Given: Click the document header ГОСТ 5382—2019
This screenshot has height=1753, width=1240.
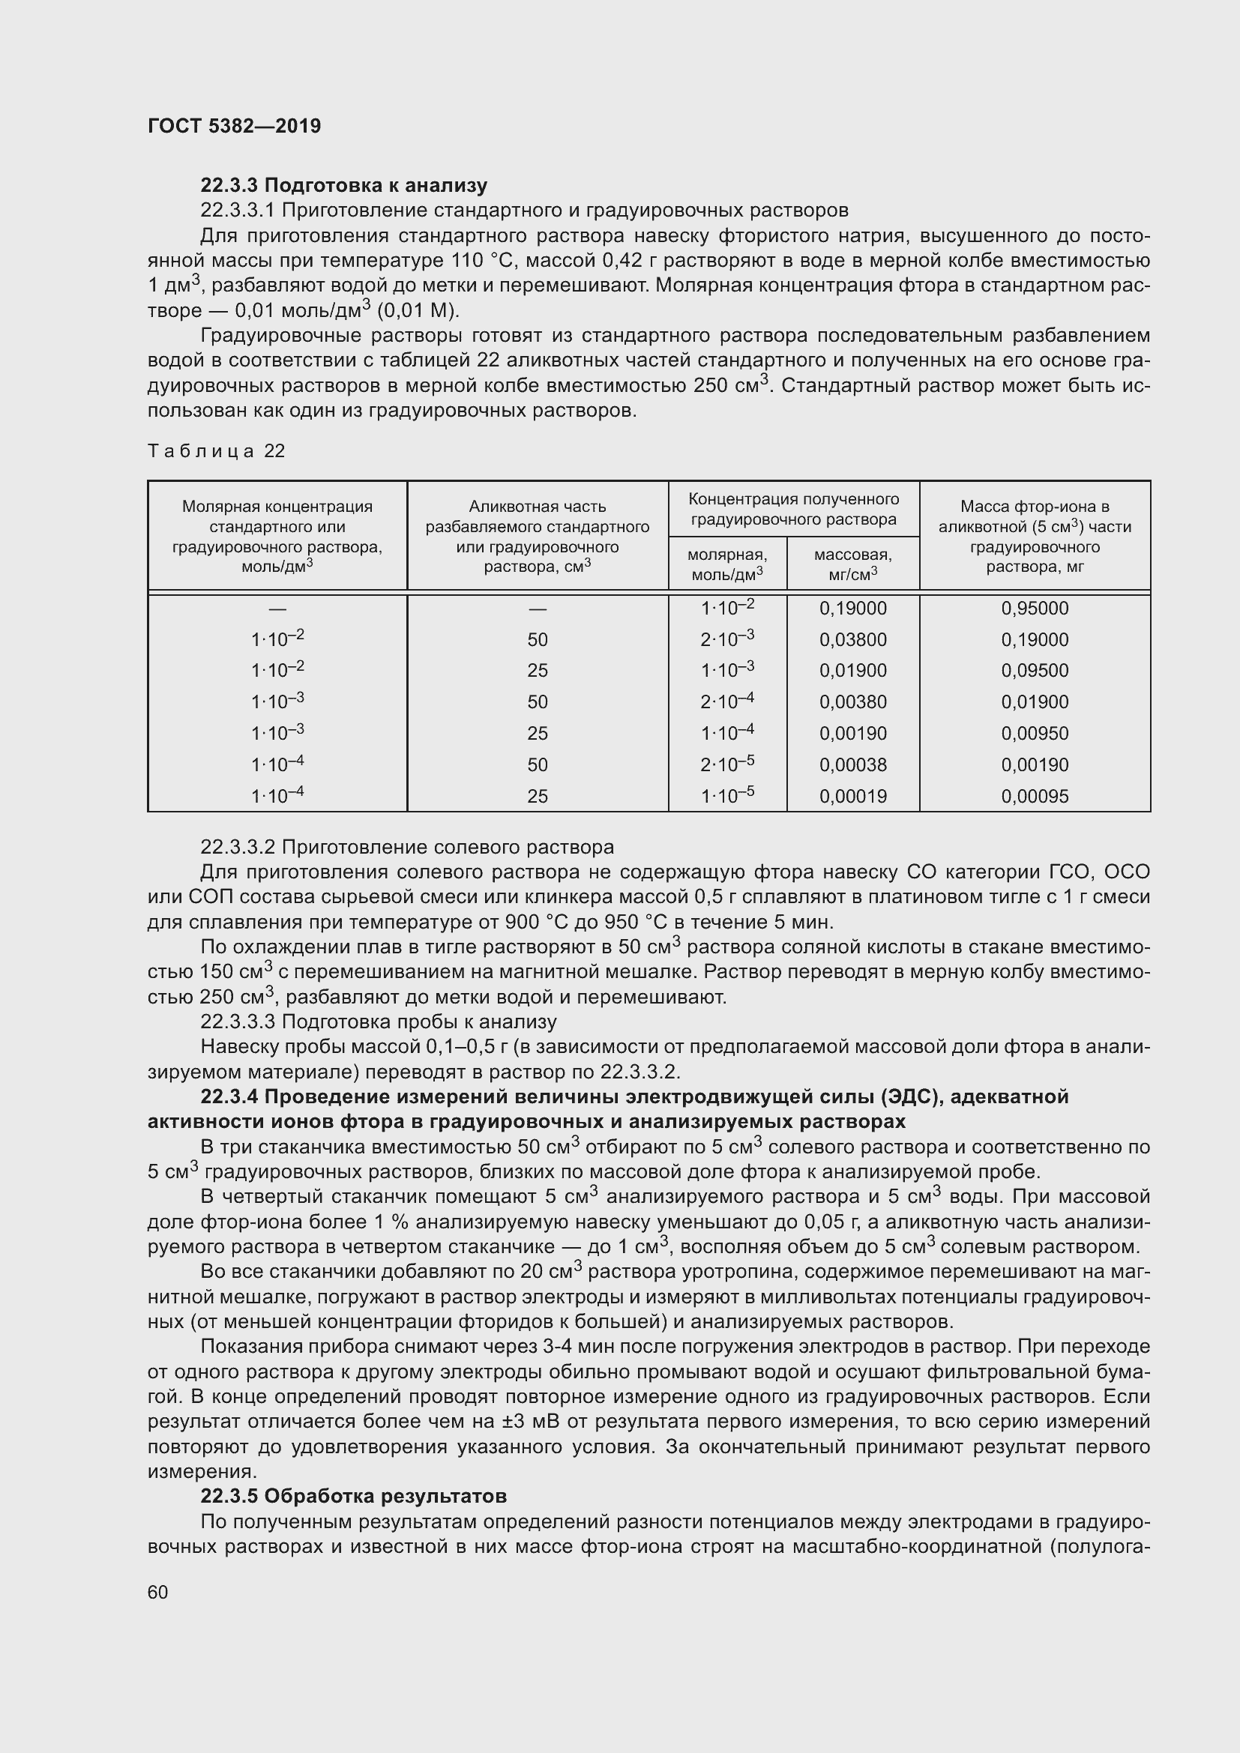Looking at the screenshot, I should pyautogui.click(x=234, y=126).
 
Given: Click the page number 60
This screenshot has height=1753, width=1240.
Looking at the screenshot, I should pyautogui.click(x=157, y=1592).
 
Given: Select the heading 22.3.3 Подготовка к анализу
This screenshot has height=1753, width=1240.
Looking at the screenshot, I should pyautogui.click(x=343, y=185).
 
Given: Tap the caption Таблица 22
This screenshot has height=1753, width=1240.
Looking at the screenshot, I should pyautogui.click(x=216, y=451).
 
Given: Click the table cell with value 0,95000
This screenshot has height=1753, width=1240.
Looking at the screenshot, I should pyautogui.click(x=1035, y=609).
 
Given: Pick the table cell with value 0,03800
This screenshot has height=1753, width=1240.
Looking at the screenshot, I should pyautogui.click(x=853, y=640).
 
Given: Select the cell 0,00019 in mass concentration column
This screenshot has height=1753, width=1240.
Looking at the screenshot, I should pyautogui.click(x=853, y=797).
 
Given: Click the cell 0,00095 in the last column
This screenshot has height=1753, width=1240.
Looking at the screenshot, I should pyautogui.click(x=1035, y=797).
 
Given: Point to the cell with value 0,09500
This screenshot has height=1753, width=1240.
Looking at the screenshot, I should pyautogui.click(x=1035, y=671).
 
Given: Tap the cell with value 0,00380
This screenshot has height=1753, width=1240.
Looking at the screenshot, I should pyautogui.click(x=853, y=702).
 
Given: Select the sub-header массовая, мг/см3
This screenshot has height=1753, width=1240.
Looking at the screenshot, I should pyautogui.click(x=853, y=564).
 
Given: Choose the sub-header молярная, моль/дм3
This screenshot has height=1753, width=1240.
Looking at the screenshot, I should pyautogui.click(x=728, y=564).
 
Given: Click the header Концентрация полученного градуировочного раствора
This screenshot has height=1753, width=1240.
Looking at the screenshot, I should pyautogui.click(x=793, y=509).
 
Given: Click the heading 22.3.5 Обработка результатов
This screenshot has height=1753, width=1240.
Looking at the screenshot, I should pyautogui.click(x=354, y=1496).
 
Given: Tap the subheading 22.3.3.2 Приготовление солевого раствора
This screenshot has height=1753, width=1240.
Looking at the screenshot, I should pyautogui.click(x=407, y=847).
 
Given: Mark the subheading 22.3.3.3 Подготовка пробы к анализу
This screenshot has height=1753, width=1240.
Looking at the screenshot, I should pyautogui.click(x=379, y=1022).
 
